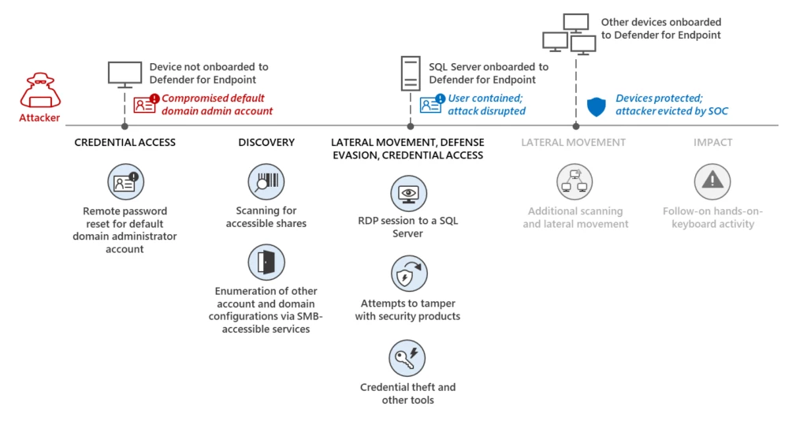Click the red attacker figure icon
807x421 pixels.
point(39,91)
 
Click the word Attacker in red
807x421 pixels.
point(39,118)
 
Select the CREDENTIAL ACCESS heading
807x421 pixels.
point(125,143)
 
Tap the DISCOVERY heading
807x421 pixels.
point(266,143)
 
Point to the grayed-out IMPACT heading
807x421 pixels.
point(712,143)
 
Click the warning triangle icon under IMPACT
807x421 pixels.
point(712,181)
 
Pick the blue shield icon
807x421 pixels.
point(597,106)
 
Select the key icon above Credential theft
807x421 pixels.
point(407,358)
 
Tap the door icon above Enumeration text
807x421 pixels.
point(266,263)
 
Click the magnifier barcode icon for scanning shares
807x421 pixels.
point(266,182)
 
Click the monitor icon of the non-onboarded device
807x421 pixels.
point(125,74)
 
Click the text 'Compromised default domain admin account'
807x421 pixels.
point(217,105)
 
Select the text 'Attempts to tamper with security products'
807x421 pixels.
point(407,310)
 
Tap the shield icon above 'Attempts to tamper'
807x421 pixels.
point(408,274)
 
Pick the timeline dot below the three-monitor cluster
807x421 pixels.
point(576,125)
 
